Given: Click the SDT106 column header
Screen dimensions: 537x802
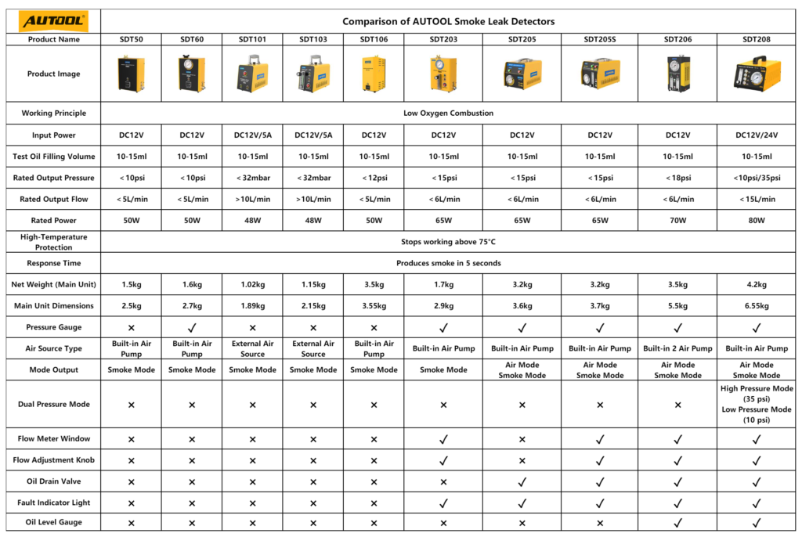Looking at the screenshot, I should click(374, 39).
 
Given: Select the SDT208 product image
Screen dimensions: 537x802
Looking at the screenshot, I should click(757, 74).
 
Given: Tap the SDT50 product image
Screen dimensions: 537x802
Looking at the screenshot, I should click(131, 74).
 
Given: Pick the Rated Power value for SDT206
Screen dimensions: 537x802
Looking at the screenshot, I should click(678, 221).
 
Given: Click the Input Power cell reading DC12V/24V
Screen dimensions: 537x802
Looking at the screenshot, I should click(757, 135).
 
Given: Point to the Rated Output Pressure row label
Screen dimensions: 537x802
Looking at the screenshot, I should click(53, 178).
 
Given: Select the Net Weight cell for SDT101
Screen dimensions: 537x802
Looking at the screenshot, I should click(252, 285).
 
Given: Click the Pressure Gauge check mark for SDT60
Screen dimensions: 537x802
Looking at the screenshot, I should click(192, 327).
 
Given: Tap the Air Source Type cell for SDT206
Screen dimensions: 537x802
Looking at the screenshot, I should click(678, 348).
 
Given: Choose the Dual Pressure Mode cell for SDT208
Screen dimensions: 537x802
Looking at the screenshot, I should click(757, 404).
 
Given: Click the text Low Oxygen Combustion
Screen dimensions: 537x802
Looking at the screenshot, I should click(448, 113).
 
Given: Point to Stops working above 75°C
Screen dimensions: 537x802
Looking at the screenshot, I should click(448, 242).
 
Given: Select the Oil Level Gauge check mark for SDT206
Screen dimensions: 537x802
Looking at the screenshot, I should click(678, 522).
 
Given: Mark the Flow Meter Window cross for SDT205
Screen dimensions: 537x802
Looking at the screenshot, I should click(522, 439).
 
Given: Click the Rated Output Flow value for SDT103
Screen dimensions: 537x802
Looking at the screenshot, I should click(312, 200).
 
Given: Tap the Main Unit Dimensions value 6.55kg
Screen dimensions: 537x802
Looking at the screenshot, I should click(757, 306).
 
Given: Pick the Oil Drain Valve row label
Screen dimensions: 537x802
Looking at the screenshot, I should click(53, 481).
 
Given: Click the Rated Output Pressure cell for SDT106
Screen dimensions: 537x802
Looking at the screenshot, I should click(374, 178).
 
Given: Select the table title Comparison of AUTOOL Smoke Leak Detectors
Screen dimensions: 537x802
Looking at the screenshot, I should click(448, 21).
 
